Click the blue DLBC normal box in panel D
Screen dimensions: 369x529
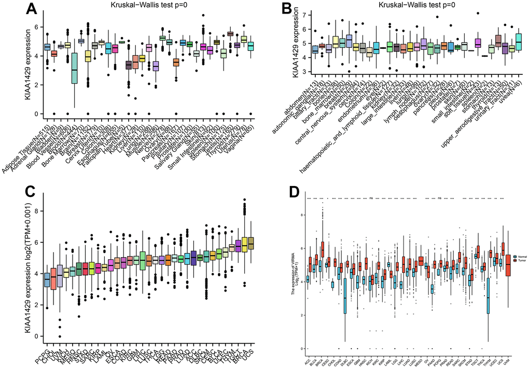(x=344, y=297)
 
